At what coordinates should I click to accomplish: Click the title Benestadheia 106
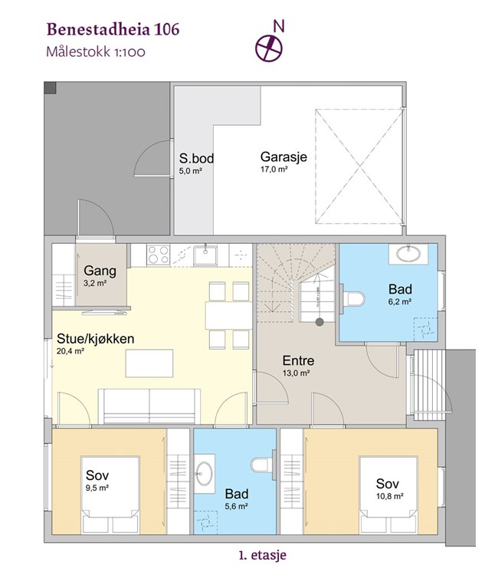pos(113,30)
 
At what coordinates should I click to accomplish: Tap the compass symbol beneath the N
pos(269,48)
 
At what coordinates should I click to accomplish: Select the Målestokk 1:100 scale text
pos(96,51)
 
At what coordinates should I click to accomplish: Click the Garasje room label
pos(283,157)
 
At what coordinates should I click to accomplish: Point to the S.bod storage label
pos(196,159)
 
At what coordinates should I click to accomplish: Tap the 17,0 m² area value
pos(274,169)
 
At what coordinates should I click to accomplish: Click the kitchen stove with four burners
pos(159,255)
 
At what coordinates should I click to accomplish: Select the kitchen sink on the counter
pos(205,255)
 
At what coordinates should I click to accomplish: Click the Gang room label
pos(100,271)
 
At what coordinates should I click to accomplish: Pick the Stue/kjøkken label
pos(96,338)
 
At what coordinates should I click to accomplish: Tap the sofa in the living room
pos(149,406)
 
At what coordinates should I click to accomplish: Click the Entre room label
pos(298,360)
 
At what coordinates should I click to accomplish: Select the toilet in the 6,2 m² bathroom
pos(352,299)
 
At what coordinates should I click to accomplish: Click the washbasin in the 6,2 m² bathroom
pos(408,254)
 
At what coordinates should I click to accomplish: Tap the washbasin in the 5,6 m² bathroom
pos(204,474)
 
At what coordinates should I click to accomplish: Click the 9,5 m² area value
pos(97,488)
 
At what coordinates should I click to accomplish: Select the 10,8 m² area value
pos(390,497)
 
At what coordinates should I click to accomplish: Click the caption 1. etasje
pos(262,555)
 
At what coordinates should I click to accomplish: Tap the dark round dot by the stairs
pos(320,322)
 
